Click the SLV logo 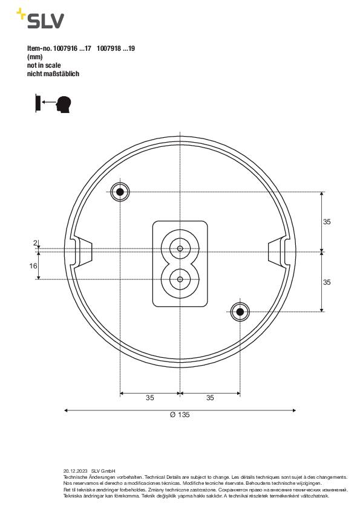(41, 20)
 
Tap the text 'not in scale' (44, 65)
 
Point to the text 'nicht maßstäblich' (53, 74)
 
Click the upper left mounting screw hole (120, 192)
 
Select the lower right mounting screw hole (240, 312)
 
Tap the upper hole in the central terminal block (180, 248)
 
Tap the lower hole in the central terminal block (180, 279)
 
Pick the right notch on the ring (279, 251)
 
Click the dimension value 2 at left (35, 243)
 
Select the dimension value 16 (33, 265)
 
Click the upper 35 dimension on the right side (327, 222)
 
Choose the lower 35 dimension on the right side (327, 282)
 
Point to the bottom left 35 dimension (149, 398)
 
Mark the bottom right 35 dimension (210, 398)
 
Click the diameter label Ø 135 (180, 415)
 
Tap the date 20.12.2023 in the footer (75, 470)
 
